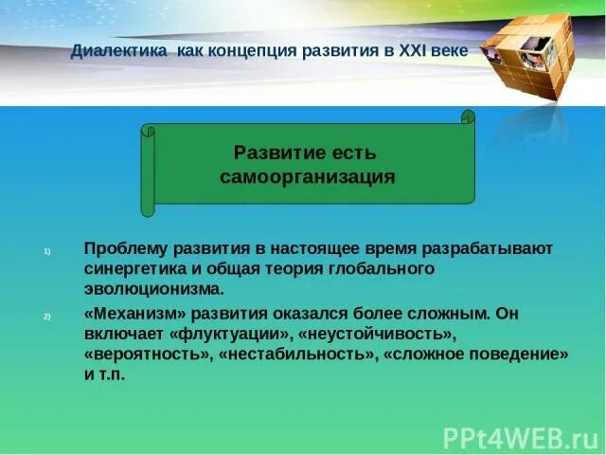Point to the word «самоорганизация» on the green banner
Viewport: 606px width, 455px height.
click(x=307, y=177)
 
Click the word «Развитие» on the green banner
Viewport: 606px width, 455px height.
click(x=275, y=152)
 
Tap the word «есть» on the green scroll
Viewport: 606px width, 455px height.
click(x=351, y=152)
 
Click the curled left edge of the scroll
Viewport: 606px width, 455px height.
click(x=148, y=171)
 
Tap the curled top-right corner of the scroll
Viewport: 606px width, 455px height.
click(x=467, y=118)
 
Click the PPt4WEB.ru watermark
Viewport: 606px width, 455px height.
click(x=522, y=436)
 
